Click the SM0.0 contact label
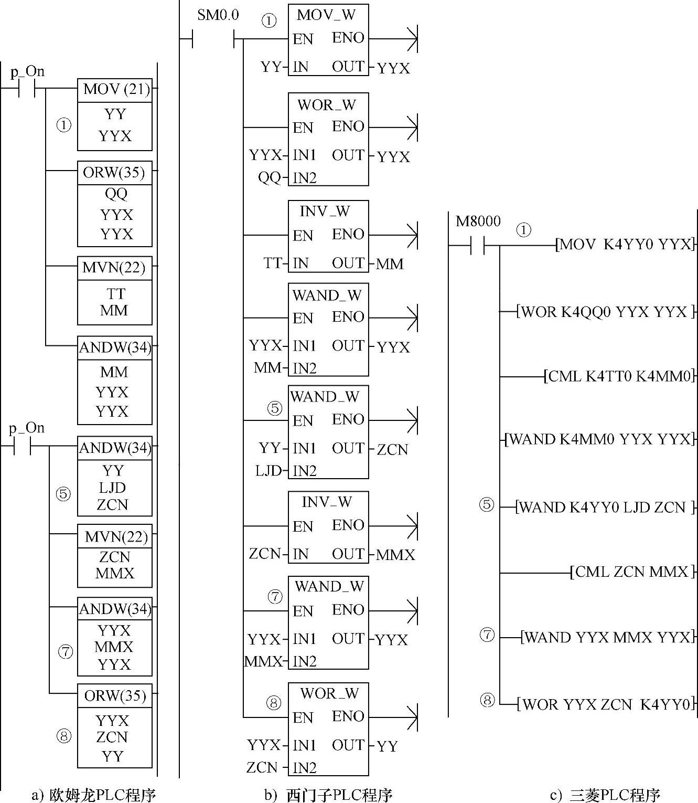(x=218, y=15)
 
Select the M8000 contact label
(x=478, y=221)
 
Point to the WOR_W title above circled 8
(x=329, y=693)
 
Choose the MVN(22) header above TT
(x=114, y=268)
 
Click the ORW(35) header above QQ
(x=114, y=172)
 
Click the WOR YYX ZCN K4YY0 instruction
(x=606, y=704)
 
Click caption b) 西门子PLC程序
(x=329, y=795)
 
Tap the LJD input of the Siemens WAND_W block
(x=269, y=471)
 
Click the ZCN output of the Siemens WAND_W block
(x=392, y=450)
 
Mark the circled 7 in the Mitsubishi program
(x=487, y=635)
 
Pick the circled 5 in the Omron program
(x=63, y=494)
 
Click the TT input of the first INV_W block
(x=273, y=263)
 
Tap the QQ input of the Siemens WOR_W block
(x=269, y=178)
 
